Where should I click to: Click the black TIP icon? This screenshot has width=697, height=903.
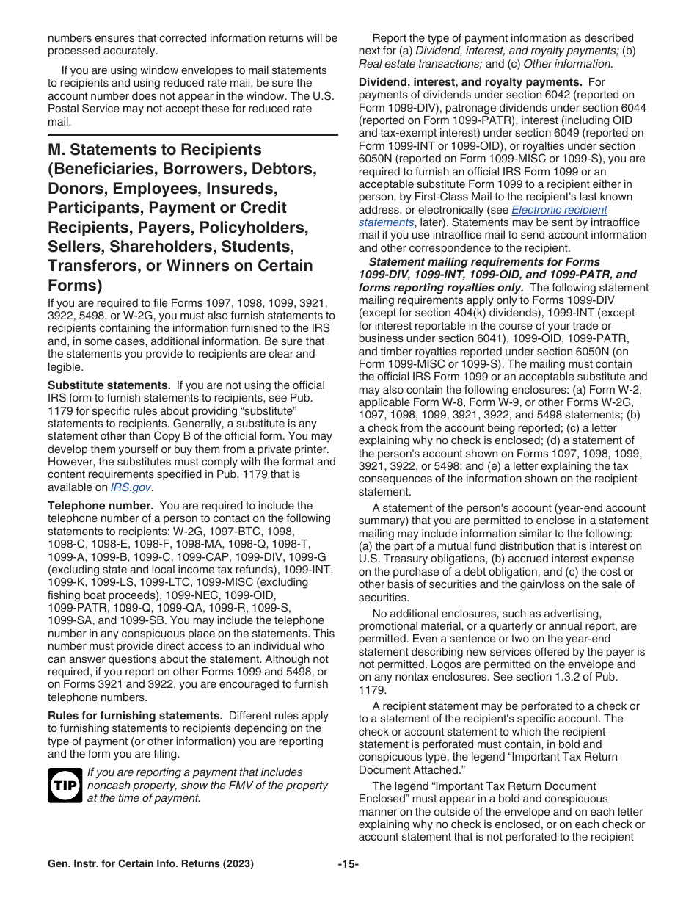[64, 786]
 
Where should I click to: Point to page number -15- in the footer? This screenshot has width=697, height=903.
[348, 864]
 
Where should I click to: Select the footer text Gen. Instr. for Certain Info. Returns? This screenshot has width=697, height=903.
[150, 864]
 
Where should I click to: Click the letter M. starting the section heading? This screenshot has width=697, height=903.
[59, 150]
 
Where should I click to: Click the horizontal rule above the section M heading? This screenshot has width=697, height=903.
[193, 135]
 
